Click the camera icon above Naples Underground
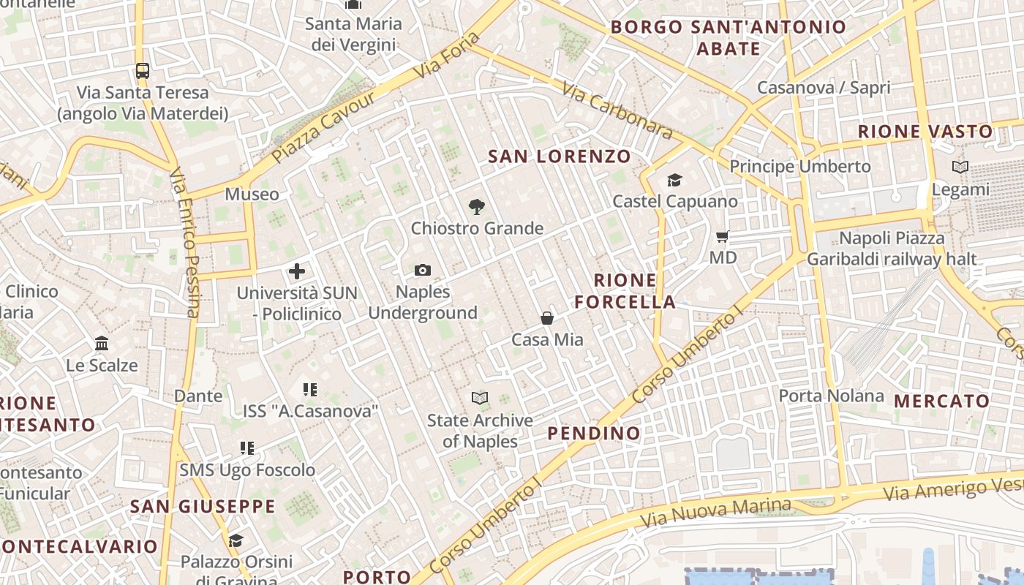pos(422,271)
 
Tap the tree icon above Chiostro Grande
pos(476,207)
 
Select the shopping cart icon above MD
pos(723,237)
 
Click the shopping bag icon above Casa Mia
pos(547,318)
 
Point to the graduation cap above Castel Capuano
pos(674,180)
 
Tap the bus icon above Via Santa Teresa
pos(143,71)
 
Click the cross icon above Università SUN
pos(296,272)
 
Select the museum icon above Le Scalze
pos(102,344)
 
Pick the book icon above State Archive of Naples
pos(480,399)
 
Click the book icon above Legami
pos(960,167)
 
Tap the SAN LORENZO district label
pos(559,156)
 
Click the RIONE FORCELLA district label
pos(625,291)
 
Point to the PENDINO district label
pos(594,433)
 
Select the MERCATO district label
pos(942,401)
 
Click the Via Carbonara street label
pos(617,110)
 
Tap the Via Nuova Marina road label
pos(715,513)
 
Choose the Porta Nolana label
pos(831,396)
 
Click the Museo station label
pos(252,195)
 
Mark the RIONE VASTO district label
pos(925,132)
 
